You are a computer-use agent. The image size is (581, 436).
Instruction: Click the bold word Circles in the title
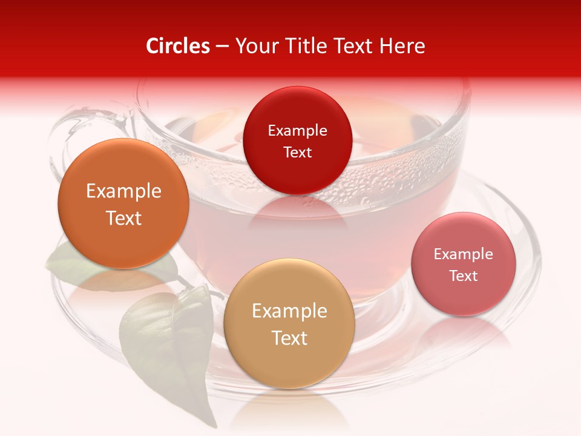click(x=178, y=46)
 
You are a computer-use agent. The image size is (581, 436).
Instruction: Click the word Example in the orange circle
click(x=123, y=191)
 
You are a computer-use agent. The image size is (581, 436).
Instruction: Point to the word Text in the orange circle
click(x=123, y=218)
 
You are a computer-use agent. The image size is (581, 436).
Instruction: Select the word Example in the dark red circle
click(x=297, y=130)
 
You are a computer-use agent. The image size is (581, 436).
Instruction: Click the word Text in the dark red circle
click(x=297, y=152)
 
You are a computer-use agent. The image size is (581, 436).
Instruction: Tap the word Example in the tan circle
click(x=289, y=311)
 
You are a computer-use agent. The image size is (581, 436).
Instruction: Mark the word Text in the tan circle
click(x=289, y=338)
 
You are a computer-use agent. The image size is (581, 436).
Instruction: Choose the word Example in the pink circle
click(x=464, y=254)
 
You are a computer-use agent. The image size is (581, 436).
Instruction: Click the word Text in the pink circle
click(x=464, y=276)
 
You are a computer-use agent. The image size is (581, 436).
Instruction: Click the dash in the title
click(x=222, y=47)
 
